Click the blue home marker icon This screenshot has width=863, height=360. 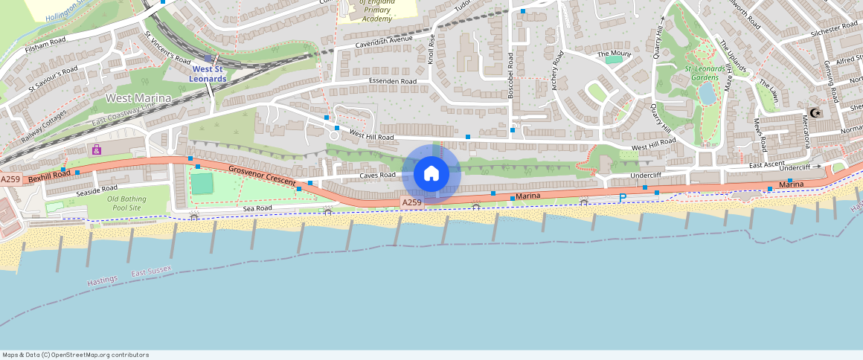pyautogui.click(x=431, y=174)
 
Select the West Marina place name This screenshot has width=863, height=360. pyautogui.click(x=138, y=98)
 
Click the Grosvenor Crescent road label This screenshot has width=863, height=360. pyautogui.click(x=261, y=176)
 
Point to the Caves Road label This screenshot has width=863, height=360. pyautogui.click(x=377, y=176)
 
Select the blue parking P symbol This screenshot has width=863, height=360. pyautogui.click(x=622, y=197)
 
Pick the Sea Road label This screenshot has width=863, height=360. pyautogui.click(x=257, y=209)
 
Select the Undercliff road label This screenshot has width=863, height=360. pyautogui.click(x=646, y=176)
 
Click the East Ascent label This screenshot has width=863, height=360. pyautogui.click(x=767, y=164)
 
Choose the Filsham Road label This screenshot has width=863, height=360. pyautogui.click(x=45, y=39)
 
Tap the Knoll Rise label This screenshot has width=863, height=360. pyautogui.click(x=432, y=49)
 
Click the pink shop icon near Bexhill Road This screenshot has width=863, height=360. pyautogui.click(x=97, y=150)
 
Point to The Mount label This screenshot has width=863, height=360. pyautogui.click(x=614, y=54)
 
